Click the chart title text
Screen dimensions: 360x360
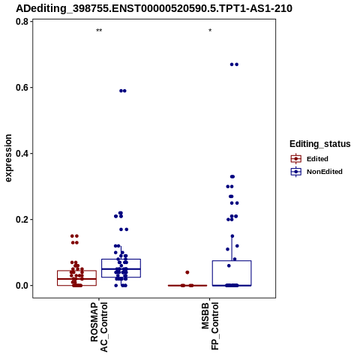pos(154,9)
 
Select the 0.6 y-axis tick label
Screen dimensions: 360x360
pos(22,88)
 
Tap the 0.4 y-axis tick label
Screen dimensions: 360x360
pos(22,154)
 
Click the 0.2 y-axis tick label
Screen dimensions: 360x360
pos(22,220)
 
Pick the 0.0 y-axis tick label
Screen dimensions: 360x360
pos(22,286)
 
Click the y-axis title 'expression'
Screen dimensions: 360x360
pos(8,158)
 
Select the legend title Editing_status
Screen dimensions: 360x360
pos(320,144)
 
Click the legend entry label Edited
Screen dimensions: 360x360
pos(317,159)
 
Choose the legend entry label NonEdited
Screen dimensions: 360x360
pos(325,172)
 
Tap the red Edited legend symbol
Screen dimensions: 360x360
pos(296,159)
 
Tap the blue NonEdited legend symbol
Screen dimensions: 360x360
pos(296,172)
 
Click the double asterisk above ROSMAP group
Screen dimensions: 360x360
pos(99,31)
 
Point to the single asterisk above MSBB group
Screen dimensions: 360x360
pos(210,31)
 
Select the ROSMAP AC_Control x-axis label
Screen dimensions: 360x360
pos(99,327)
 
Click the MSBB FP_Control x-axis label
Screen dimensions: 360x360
pos(210,325)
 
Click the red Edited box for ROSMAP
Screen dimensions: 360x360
pos(76,271)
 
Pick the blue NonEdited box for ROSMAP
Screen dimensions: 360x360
pos(121,259)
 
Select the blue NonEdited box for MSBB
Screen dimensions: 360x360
pos(232,261)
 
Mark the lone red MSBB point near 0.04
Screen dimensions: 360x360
pos(187,272)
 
